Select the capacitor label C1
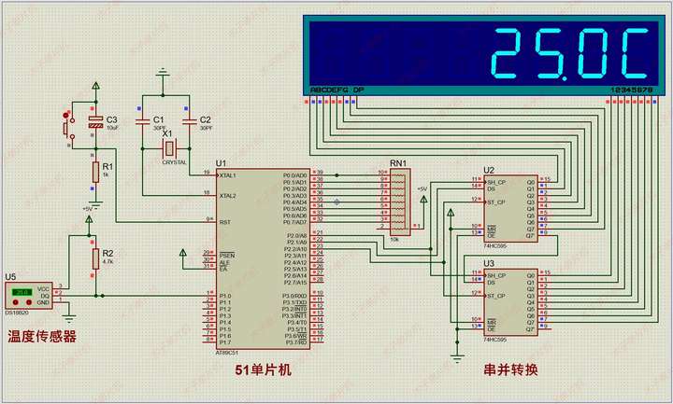(159, 120)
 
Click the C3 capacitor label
(112, 119)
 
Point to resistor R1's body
(95, 172)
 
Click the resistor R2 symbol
(95, 258)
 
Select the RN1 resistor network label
(399, 163)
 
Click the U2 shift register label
(489, 170)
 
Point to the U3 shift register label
(489, 264)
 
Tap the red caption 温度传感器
(42, 336)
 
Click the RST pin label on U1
(224, 221)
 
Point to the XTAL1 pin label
(226, 175)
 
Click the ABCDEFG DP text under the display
(336, 91)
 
